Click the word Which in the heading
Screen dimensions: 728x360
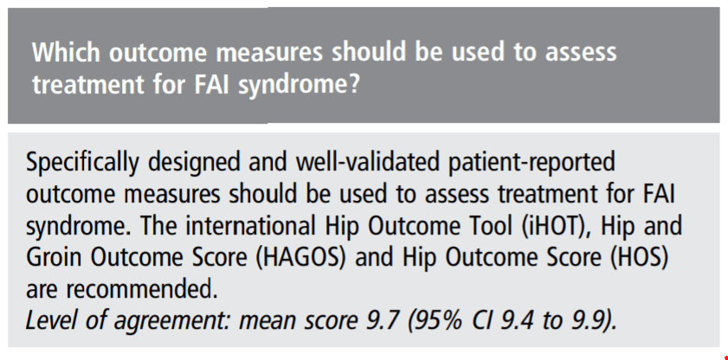click(66, 53)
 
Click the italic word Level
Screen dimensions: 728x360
click(51, 321)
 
